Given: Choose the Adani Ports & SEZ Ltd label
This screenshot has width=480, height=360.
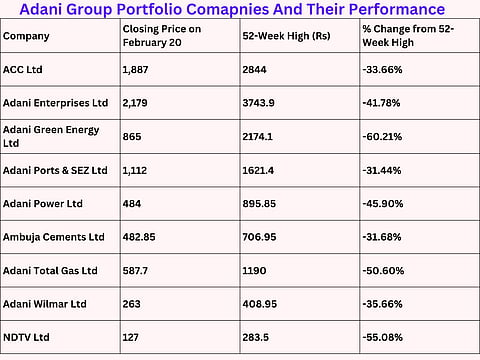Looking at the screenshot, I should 56,170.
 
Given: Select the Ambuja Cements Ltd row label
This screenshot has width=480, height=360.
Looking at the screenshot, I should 55,236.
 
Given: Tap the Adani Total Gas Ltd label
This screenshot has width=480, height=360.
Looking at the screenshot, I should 51,269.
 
